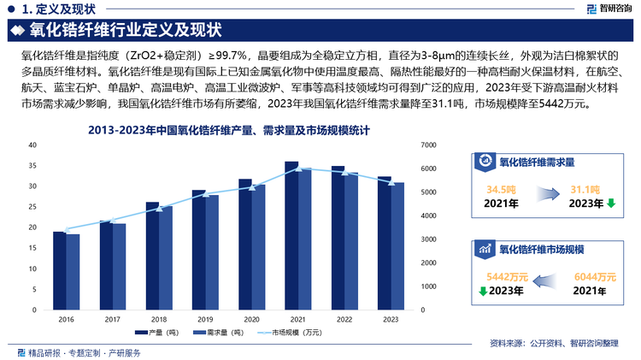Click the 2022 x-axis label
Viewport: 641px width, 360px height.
click(x=344, y=319)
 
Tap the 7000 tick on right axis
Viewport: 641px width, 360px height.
click(x=429, y=145)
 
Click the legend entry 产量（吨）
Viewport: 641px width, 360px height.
click(x=158, y=332)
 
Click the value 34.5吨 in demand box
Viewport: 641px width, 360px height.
click(x=500, y=189)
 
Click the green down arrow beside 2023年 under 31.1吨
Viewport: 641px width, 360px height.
click(x=610, y=204)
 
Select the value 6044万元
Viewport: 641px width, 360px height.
click(x=595, y=277)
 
